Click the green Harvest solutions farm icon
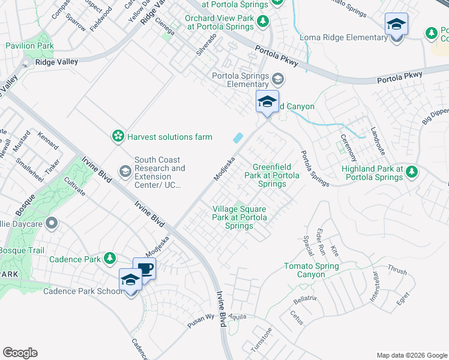(118, 137)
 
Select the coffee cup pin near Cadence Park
(144, 268)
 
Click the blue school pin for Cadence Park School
(130, 280)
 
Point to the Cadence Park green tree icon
(109, 258)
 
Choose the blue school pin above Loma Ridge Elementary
(396, 25)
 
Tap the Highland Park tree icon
(411, 173)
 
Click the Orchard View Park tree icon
(263, 22)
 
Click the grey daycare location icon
(52, 224)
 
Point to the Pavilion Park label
(29, 46)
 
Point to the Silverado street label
(206, 45)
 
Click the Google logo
(20, 353)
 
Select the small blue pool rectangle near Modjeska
(238, 138)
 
